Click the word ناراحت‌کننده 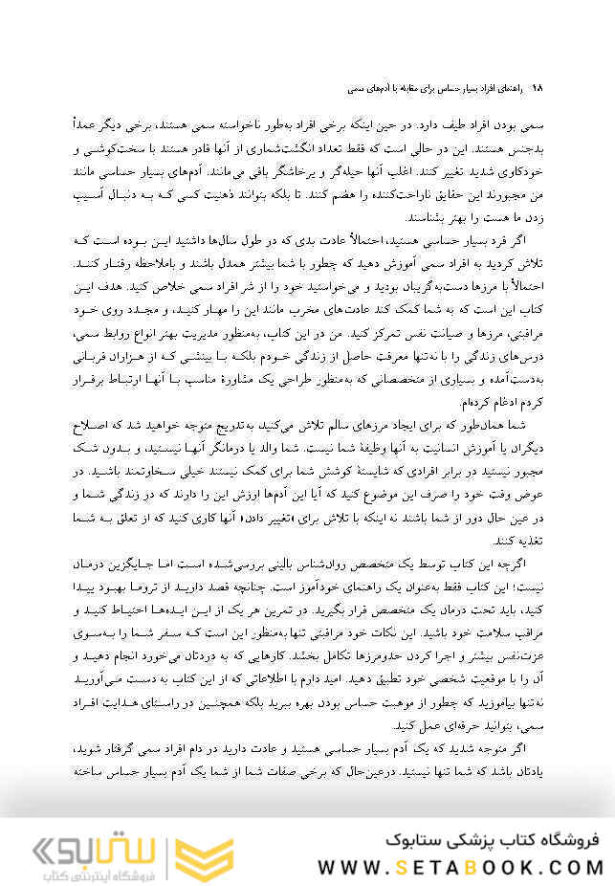click(402, 193)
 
